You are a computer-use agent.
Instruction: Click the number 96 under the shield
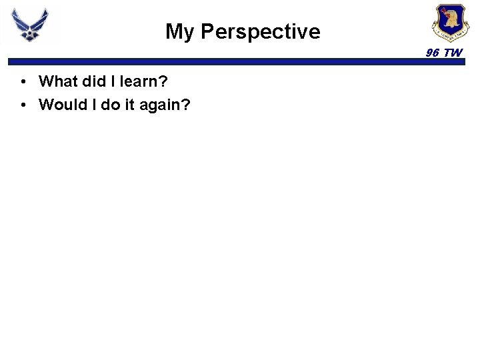click(433, 53)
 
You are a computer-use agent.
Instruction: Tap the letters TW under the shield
click(453, 53)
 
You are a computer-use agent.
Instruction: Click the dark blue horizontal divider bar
click(240, 62)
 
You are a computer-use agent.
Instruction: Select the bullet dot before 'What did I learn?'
click(23, 82)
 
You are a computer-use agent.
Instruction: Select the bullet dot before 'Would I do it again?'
click(23, 105)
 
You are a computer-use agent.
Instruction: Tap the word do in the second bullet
click(105, 105)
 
